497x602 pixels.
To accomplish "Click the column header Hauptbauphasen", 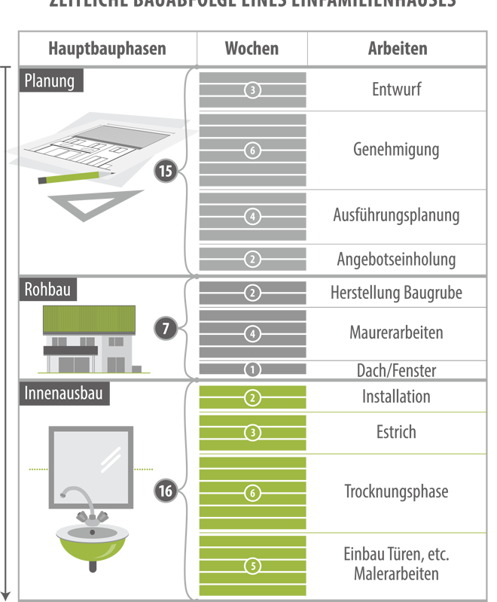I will coord(107,50).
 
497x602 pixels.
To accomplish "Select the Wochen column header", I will coord(252,50).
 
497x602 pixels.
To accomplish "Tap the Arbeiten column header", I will coord(397,50).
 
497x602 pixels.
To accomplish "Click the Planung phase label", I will coord(50,81).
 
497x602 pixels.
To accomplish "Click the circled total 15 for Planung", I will coord(166,172).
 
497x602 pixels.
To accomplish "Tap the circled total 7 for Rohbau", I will coord(166,328).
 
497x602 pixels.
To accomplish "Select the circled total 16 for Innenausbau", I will coord(166,491).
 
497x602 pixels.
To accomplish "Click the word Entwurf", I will coord(396,90).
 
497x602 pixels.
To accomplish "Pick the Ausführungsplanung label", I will coord(396,215).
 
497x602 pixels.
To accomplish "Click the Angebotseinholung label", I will coord(396,260).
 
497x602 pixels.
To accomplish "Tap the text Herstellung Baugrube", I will coord(396,293).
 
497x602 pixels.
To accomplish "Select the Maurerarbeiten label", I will coord(396,332).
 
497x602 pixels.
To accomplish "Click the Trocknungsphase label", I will coord(396,492).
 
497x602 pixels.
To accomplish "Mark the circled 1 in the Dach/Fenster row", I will coord(252,369).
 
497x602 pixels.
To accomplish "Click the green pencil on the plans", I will coord(72,178).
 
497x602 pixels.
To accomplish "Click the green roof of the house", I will coord(90,321).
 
